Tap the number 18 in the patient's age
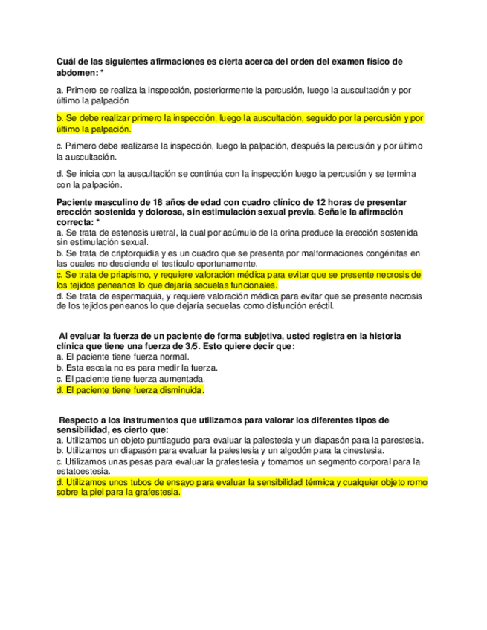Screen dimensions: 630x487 tap(148, 203)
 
